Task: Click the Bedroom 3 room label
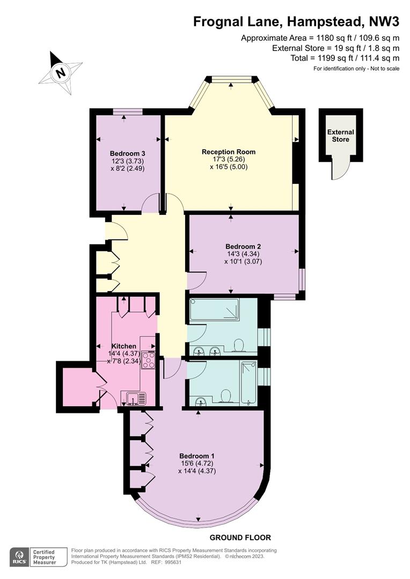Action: click(127, 154)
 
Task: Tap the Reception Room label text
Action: click(229, 152)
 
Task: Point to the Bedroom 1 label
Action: click(196, 456)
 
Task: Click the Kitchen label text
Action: click(124, 346)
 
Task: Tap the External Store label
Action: click(340, 136)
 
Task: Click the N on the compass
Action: click(60, 72)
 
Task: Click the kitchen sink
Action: click(136, 399)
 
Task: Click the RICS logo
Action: click(19, 557)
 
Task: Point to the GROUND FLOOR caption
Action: click(240, 538)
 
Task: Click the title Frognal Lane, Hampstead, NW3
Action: click(297, 22)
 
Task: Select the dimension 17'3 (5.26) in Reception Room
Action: click(229, 159)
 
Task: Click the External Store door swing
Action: click(340, 169)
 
